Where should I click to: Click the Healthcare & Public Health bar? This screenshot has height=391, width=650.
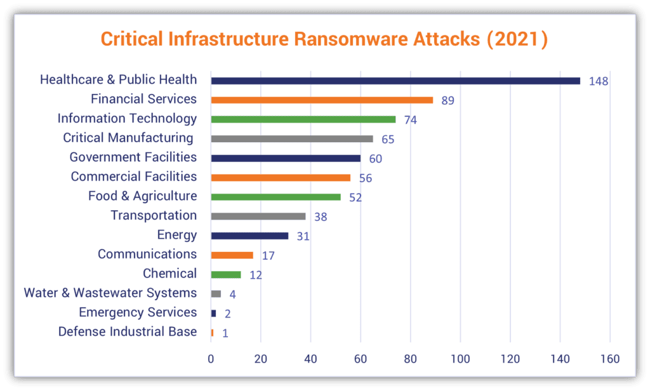[395, 81]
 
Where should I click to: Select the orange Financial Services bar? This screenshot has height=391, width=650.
[322, 100]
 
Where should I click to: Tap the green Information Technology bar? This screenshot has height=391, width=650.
[303, 119]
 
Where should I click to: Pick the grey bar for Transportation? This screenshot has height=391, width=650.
[258, 216]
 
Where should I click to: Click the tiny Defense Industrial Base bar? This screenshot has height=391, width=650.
[212, 332]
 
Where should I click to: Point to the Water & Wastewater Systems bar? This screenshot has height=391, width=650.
[216, 293]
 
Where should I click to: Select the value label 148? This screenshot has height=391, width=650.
[599, 81]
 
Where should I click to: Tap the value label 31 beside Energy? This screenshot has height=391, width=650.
[303, 236]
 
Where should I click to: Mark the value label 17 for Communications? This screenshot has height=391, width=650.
[269, 255]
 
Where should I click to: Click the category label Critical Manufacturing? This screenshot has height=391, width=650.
[128, 138]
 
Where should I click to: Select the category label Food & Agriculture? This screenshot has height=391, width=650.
[142, 196]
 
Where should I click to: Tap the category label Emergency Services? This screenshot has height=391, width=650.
[138, 312]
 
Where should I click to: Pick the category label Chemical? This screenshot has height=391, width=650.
[169, 274]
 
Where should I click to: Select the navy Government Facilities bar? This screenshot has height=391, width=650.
[286, 158]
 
